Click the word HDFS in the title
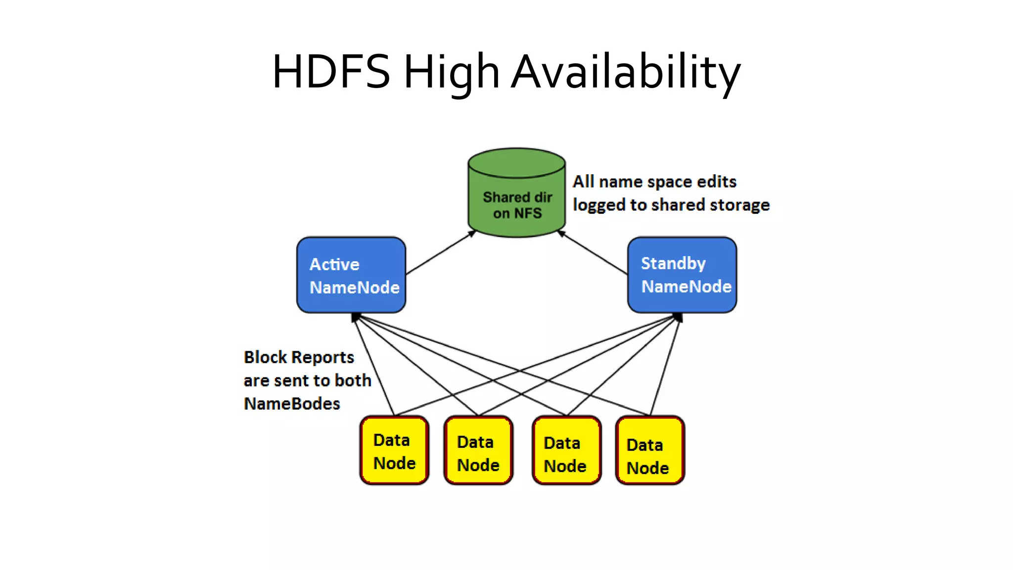331,72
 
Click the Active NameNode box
351,275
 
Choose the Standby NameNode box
682,275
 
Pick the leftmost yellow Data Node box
394,450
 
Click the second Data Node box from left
478,451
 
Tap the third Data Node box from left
566,451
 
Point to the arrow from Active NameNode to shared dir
440,253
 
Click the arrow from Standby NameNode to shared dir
594,253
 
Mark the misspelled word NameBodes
292,404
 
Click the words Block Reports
299,357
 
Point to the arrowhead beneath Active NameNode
356,317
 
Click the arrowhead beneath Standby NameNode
678,317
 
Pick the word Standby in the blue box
673,263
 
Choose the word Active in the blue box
334,264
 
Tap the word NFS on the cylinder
528,213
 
